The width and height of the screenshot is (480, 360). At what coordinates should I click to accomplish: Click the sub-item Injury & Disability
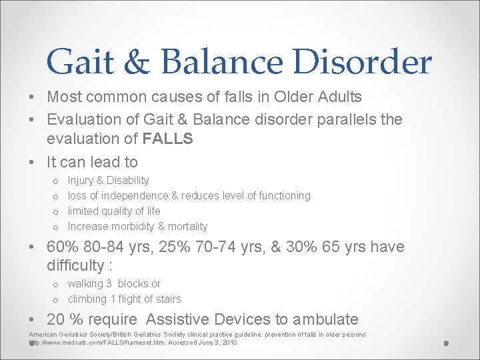click(108, 181)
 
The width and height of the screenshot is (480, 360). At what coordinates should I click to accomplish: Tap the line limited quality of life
click(114, 211)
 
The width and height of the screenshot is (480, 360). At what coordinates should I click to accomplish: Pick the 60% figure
click(62, 247)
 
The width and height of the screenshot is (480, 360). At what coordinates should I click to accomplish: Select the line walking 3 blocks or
click(114, 284)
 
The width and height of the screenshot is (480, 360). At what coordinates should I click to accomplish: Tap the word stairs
click(167, 299)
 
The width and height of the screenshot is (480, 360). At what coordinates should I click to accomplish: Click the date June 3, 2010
click(214, 343)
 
